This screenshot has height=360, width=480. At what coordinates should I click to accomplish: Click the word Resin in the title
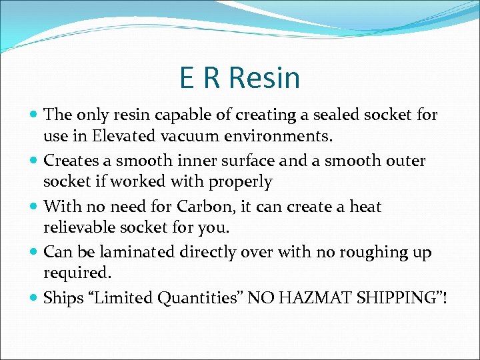[x=265, y=78]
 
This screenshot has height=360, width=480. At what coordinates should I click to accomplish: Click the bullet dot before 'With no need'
[x=34, y=207]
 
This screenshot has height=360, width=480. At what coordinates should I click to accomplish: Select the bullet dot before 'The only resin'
[x=34, y=115]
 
